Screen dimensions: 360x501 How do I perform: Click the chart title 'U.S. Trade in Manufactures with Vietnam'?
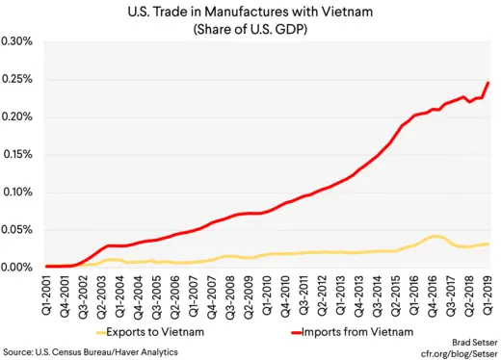(x=250, y=12)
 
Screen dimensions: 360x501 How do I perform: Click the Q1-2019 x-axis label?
(x=488, y=294)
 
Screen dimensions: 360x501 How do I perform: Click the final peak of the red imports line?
(x=488, y=83)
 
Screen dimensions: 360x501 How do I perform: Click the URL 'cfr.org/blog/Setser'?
(x=454, y=352)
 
